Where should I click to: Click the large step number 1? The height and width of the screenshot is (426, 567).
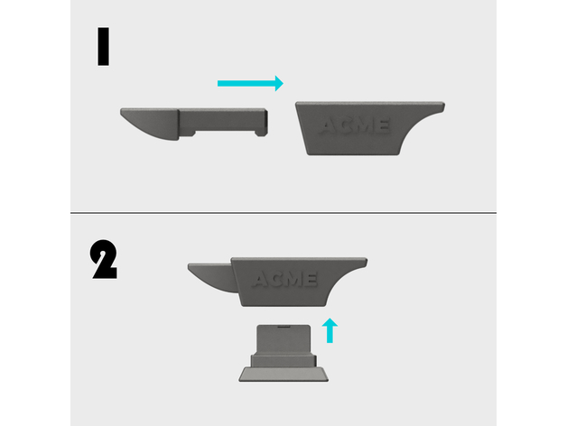tap(104, 46)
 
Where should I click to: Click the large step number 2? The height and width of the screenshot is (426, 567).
tap(104, 259)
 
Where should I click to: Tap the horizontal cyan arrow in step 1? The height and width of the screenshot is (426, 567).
tap(250, 84)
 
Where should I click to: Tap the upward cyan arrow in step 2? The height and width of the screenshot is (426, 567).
tap(330, 330)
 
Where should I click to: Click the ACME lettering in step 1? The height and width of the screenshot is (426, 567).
tap(354, 125)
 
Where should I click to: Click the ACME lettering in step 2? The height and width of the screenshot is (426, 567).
tap(284, 280)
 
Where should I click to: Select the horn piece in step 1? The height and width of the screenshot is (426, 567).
tap(194, 124)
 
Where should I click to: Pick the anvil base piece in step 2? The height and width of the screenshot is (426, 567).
tap(283, 353)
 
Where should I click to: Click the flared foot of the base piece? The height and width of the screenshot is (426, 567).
tap(283, 375)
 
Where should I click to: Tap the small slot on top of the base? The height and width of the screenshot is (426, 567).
tap(284, 326)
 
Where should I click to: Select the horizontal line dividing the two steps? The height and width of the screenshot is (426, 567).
tap(283, 213)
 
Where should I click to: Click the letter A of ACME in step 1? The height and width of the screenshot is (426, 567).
tap(329, 126)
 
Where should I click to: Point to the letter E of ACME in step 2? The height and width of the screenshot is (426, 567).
tap(311, 280)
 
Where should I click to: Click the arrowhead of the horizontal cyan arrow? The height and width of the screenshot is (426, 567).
tap(279, 84)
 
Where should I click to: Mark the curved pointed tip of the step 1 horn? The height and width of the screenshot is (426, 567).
tap(122, 111)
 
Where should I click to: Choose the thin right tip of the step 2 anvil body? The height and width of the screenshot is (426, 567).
tap(365, 263)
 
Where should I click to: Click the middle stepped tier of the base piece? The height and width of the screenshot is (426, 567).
tap(283, 361)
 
